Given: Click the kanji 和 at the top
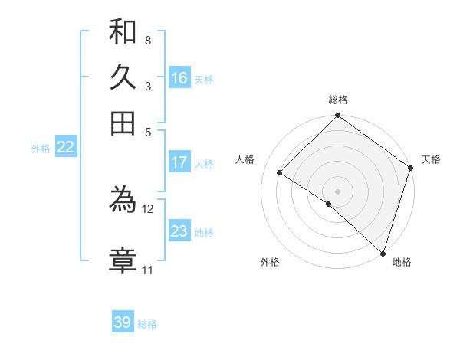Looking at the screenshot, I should (x=123, y=31).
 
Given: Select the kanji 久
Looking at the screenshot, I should (x=123, y=77).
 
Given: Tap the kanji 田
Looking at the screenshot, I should (x=123, y=123).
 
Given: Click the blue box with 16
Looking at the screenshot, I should (x=179, y=78).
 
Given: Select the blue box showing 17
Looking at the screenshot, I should (x=179, y=162).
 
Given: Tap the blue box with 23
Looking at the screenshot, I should (x=179, y=231).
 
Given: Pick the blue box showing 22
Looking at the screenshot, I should (x=65, y=147).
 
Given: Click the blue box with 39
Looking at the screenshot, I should (x=123, y=322).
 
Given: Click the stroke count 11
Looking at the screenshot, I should (x=147, y=270).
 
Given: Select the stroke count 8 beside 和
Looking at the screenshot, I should (x=147, y=40).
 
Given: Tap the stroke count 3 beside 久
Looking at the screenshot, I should (x=147, y=86).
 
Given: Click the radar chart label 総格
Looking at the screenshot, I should (x=338, y=100).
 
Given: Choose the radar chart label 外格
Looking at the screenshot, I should (x=270, y=263).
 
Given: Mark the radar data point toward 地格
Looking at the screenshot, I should (x=382, y=253).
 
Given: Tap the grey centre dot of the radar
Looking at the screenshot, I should (x=337, y=191).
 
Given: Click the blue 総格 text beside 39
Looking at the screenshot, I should (x=147, y=324).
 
